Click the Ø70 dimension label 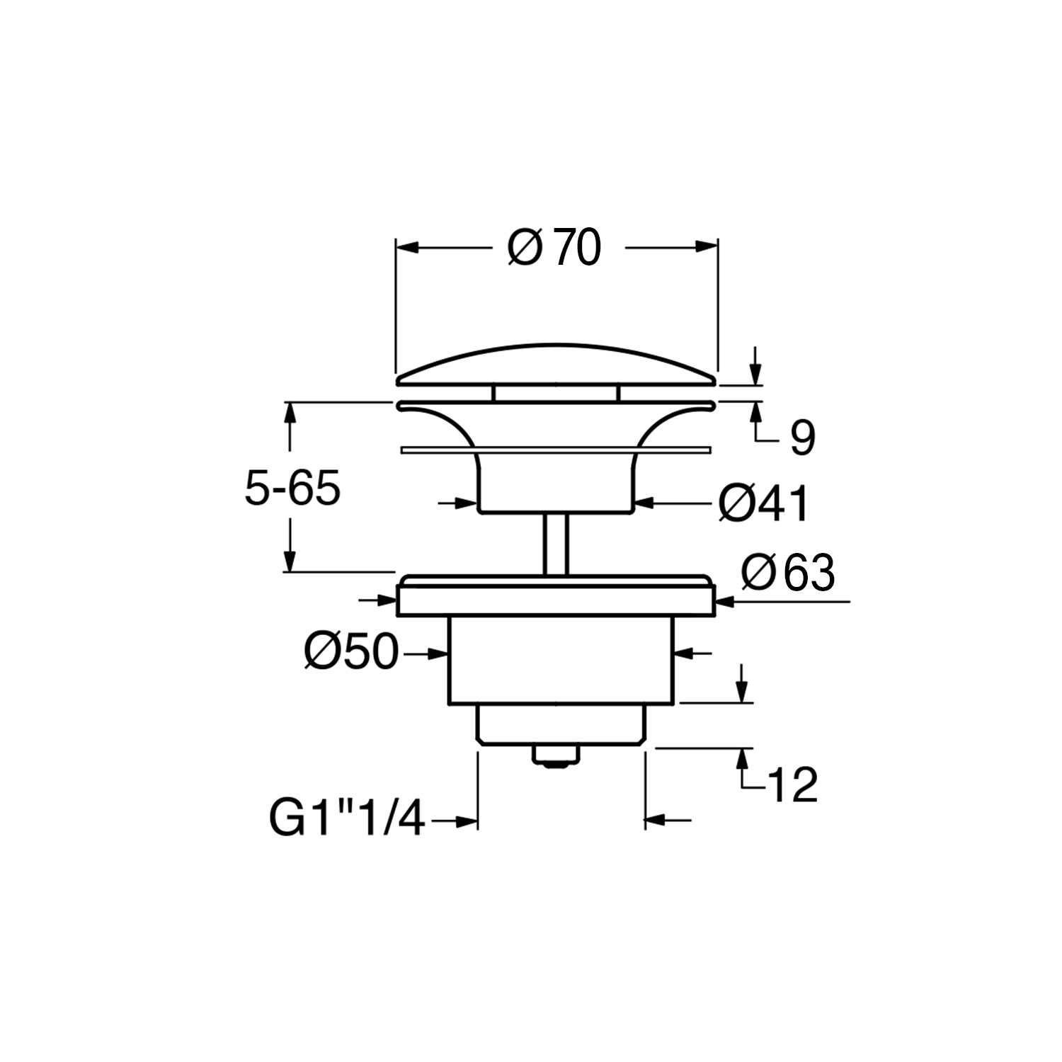(x=554, y=247)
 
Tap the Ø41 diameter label (x=763, y=504)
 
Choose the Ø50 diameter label (x=352, y=651)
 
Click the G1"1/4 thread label (x=347, y=819)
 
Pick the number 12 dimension (x=792, y=784)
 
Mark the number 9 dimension (x=802, y=438)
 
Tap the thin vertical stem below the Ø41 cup (x=556, y=543)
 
